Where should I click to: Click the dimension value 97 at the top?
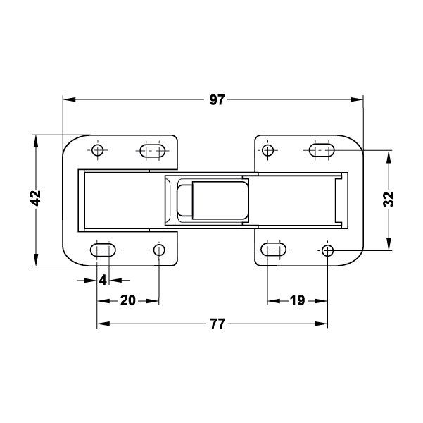217,99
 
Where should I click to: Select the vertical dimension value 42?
35,198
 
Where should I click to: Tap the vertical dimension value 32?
389,200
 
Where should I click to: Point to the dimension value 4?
103,280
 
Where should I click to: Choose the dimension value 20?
127,300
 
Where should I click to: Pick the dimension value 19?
297,300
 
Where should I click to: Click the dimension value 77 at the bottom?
217,324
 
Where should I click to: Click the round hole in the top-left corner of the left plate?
97,150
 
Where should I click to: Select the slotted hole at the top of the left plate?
153,151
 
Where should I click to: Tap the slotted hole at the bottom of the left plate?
103,250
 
